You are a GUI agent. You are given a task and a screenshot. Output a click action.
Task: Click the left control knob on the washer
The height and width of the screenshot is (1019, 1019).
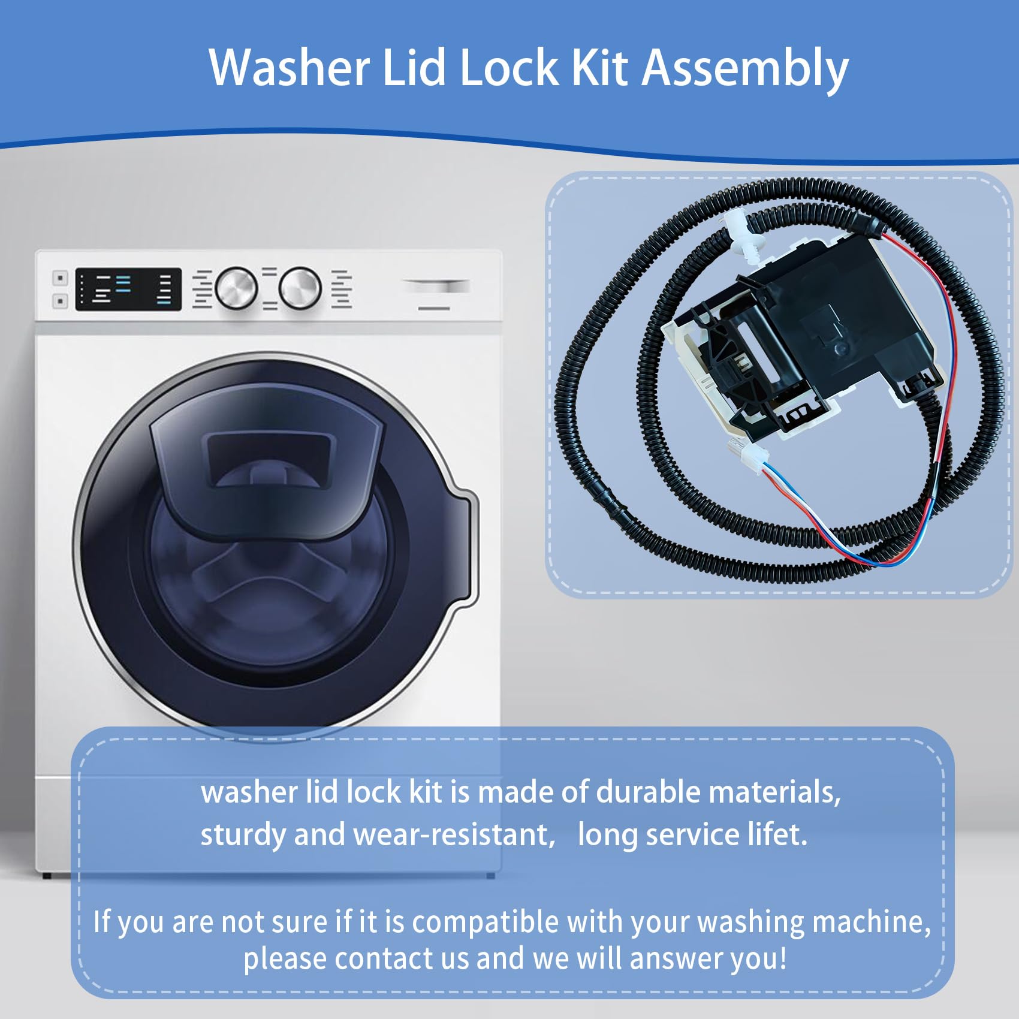(236, 288)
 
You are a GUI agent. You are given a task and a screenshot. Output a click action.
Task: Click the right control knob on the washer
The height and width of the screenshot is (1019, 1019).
(300, 288)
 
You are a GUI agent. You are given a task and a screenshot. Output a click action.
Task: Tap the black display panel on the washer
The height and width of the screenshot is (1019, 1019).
(128, 289)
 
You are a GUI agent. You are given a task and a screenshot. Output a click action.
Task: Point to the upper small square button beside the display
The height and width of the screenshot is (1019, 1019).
(60, 278)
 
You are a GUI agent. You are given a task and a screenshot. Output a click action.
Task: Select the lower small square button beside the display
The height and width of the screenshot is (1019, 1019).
(60, 301)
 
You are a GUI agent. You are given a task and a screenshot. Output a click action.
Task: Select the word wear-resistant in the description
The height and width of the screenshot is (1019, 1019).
(455, 834)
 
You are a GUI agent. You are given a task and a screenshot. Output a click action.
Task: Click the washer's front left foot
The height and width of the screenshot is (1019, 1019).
(47, 876)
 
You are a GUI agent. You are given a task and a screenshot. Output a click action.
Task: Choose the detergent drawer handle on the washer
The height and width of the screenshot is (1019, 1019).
(435, 287)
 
